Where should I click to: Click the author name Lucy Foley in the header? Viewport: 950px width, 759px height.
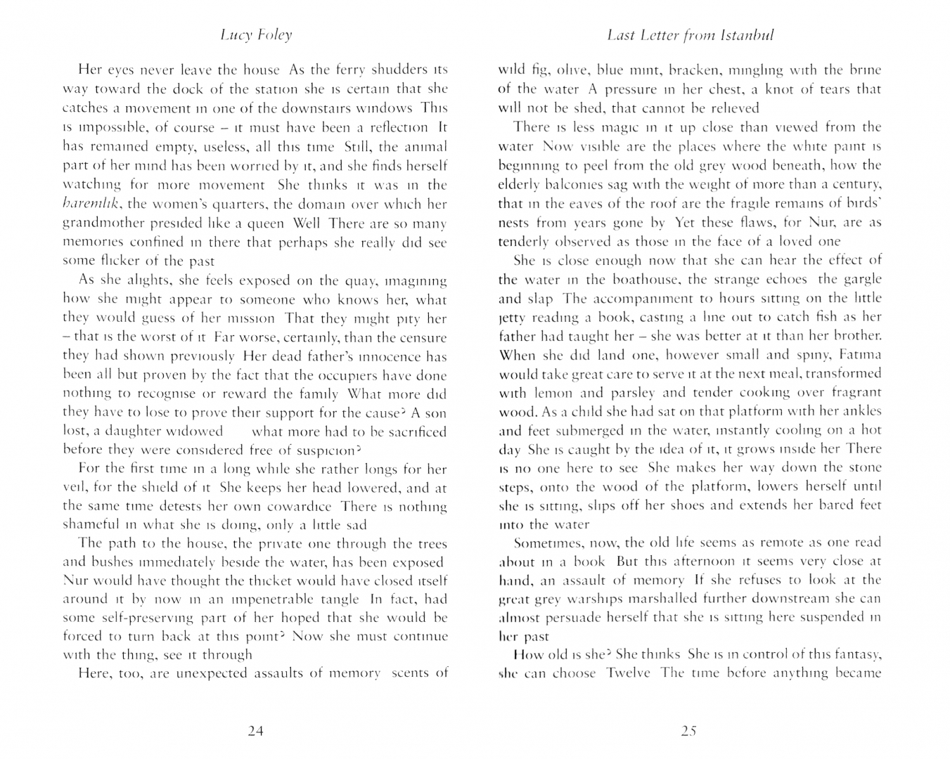[x=256, y=35]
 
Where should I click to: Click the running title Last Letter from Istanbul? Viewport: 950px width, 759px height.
[x=690, y=35]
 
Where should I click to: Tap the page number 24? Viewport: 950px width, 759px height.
[x=256, y=731]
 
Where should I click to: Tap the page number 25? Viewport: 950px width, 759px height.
[x=688, y=731]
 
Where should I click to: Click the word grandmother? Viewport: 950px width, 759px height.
[x=105, y=224]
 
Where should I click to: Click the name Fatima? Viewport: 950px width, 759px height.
[x=858, y=354]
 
